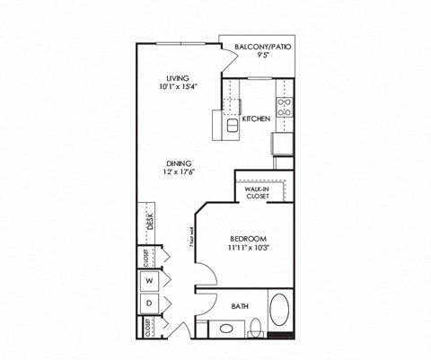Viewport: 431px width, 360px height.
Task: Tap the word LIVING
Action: click(x=164, y=77)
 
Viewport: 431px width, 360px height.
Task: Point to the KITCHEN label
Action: click(x=256, y=118)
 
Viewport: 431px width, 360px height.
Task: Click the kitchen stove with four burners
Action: click(x=285, y=108)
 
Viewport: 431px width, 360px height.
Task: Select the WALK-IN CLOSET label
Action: click(x=259, y=191)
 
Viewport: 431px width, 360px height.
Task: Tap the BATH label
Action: click(x=240, y=306)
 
